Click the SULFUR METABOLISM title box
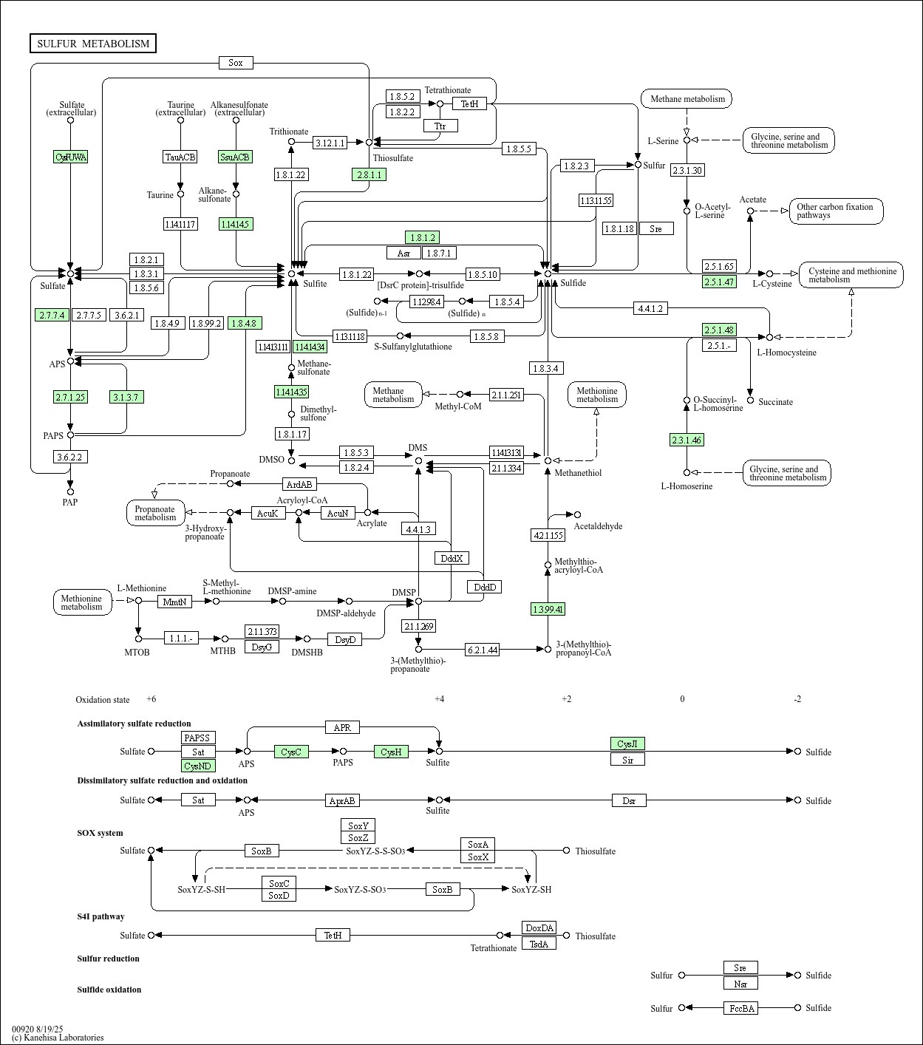point(93,44)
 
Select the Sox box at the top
point(236,63)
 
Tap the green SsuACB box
point(236,157)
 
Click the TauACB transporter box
point(180,157)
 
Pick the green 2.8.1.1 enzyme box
point(369,174)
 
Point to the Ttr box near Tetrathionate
point(440,126)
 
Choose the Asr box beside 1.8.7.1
point(403,253)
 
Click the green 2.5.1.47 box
point(719,282)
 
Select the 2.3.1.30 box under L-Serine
point(687,170)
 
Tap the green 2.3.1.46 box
point(687,440)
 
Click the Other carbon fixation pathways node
point(836,211)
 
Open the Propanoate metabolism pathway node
point(155,513)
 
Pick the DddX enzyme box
point(452,558)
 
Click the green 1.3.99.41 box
point(548,609)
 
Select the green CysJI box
point(627,743)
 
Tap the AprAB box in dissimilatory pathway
point(342,800)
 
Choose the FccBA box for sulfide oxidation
point(740,1008)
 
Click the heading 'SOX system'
point(100,833)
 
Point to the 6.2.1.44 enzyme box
point(482,650)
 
